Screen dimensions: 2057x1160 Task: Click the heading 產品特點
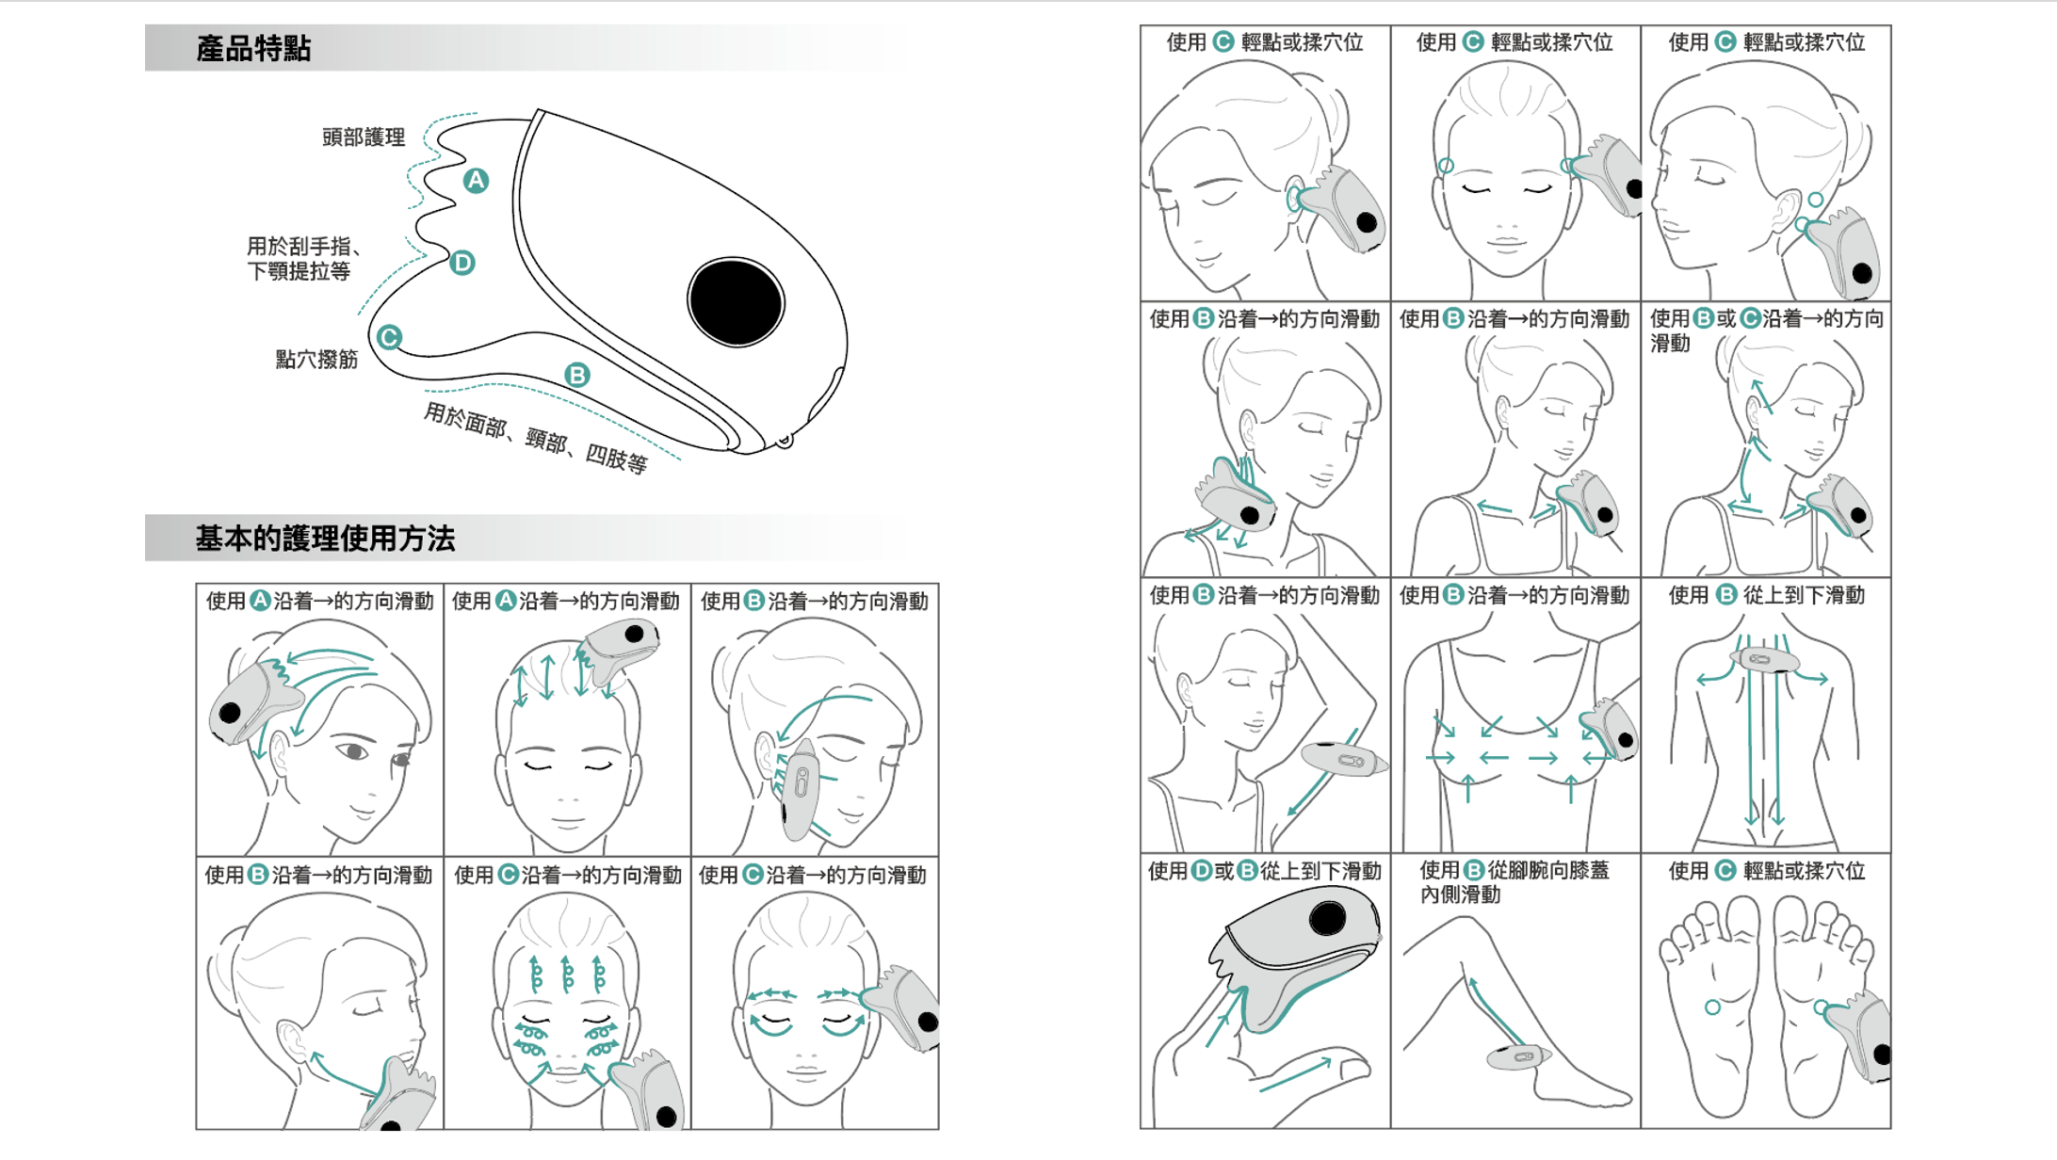coord(253,49)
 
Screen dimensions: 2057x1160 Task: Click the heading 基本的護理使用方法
coord(325,539)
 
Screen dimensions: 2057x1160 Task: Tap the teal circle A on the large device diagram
coord(476,181)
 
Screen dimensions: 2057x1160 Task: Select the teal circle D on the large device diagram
coord(462,263)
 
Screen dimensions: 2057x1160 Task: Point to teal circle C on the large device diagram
coord(389,337)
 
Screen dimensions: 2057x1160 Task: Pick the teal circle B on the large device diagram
coord(576,375)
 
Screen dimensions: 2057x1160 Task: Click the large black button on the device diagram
coord(736,301)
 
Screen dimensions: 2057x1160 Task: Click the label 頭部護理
coord(364,137)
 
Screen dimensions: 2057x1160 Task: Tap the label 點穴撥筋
coord(316,360)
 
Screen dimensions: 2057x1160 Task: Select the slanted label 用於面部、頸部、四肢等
coord(535,438)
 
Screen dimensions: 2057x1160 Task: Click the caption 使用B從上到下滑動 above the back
coord(1766,595)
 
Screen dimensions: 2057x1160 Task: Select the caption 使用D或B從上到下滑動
coord(1264,871)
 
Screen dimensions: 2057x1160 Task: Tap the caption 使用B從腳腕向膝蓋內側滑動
coord(1514,882)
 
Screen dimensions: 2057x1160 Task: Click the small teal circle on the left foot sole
coord(1712,1007)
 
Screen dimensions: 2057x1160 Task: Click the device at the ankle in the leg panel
coord(1518,1056)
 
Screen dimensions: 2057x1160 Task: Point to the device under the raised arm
coord(1344,758)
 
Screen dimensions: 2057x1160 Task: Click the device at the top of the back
coord(1764,660)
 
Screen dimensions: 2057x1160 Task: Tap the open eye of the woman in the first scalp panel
coord(353,751)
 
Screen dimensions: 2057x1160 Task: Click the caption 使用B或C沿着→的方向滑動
coord(1766,330)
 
